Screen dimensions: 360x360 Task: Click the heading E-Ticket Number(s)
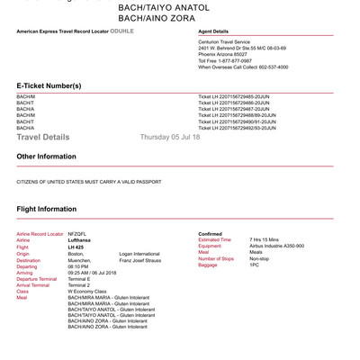pyautogui.click(x=49, y=85)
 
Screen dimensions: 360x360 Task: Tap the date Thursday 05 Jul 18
pyautogui.click(x=170, y=137)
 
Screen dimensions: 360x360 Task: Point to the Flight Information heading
pyautogui.click(x=47, y=209)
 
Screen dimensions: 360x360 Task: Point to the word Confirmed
pyautogui.click(x=210, y=234)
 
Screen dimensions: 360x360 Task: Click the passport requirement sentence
pyautogui.click(x=89, y=181)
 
